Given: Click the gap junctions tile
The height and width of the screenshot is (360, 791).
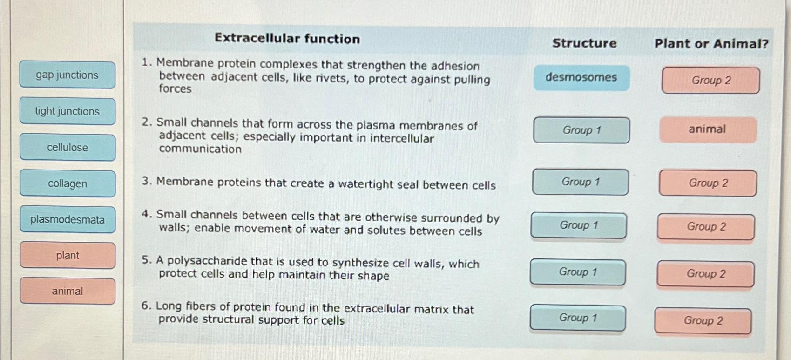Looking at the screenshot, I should [68, 75].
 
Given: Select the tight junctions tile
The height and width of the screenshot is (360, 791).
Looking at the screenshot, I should [68, 111].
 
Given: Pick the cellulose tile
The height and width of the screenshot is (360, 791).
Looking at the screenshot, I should [68, 148].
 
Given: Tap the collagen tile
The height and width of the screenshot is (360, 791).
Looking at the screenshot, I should [68, 183].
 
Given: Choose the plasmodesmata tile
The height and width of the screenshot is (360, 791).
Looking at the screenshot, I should [68, 219].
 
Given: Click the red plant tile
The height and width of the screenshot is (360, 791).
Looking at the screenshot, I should [68, 255].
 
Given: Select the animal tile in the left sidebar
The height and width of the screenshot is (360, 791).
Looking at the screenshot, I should [68, 291].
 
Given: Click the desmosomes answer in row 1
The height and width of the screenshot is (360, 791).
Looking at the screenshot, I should [581, 77].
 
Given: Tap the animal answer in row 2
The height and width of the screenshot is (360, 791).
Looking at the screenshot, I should [707, 129].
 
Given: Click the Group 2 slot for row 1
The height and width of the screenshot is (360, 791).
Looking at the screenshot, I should [710, 81].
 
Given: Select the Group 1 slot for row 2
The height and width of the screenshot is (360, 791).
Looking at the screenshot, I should [581, 130].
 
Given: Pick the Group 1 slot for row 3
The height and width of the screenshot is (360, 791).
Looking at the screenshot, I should [580, 182].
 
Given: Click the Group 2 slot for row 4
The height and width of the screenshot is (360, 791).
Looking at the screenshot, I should [706, 227].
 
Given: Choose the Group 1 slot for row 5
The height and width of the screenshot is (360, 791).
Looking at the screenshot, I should [578, 272].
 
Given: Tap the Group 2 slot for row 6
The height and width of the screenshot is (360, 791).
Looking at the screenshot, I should [703, 321].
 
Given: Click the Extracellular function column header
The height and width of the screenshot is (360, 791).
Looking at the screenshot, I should [287, 39].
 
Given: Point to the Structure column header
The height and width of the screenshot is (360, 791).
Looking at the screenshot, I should [584, 43].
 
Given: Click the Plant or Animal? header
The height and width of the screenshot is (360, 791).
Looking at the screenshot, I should [711, 44].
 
